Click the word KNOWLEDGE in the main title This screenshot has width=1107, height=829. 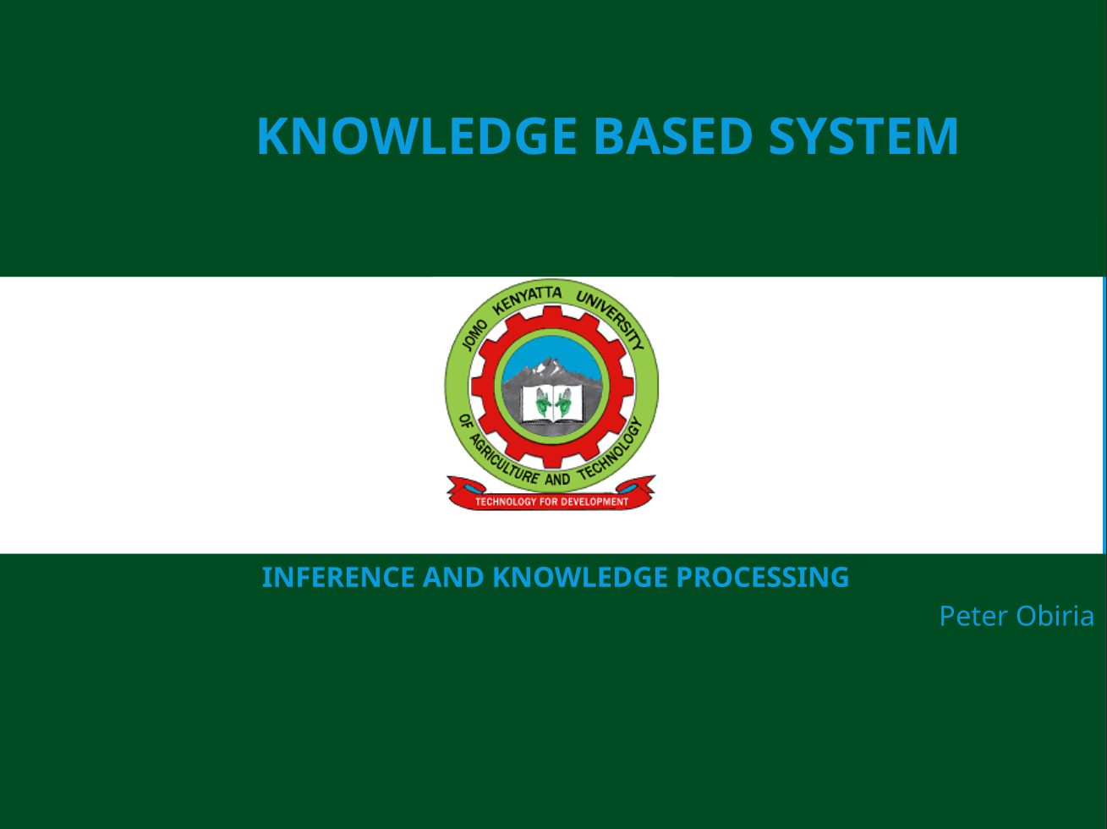(417, 136)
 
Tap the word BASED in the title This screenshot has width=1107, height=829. (673, 136)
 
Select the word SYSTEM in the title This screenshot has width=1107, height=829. (863, 136)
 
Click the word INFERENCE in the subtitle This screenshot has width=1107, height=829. (338, 578)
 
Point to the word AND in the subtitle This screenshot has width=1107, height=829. (453, 578)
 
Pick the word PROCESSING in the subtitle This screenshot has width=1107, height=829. (763, 578)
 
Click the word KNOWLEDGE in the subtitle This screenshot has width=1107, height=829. (580, 578)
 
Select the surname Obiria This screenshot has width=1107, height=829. (1055, 616)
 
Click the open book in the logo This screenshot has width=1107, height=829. (551, 404)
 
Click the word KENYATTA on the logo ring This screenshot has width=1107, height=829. (526, 299)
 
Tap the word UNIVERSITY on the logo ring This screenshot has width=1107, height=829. (611, 319)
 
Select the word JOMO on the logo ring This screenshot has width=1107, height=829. (474, 335)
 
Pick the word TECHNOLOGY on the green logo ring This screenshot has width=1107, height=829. (611, 450)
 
